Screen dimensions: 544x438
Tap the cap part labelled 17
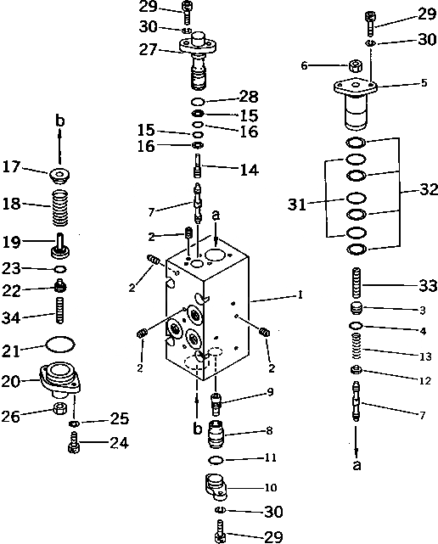click(x=61, y=177)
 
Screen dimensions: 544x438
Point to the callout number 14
click(x=248, y=170)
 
